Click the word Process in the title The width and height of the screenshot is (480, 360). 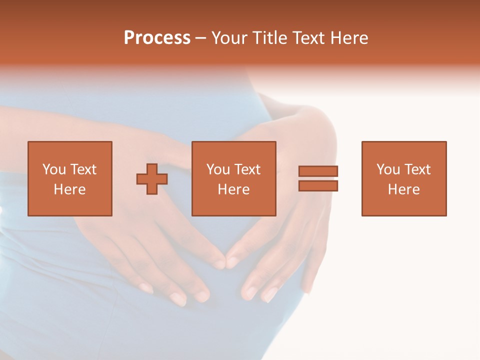[157, 38]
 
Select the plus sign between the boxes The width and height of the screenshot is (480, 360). [152, 179]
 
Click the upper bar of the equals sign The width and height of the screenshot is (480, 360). [318, 171]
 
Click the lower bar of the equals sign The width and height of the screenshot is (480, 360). [318, 186]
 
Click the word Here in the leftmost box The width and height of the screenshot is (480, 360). [70, 189]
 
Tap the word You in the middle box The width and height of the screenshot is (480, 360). [218, 169]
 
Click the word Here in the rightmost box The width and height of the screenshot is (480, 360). [404, 189]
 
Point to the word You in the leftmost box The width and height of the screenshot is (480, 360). [54, 169]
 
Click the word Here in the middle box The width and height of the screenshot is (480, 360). [233, 189]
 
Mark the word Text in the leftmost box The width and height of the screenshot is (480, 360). [83, 169]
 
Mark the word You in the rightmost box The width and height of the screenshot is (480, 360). [388, 169]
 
